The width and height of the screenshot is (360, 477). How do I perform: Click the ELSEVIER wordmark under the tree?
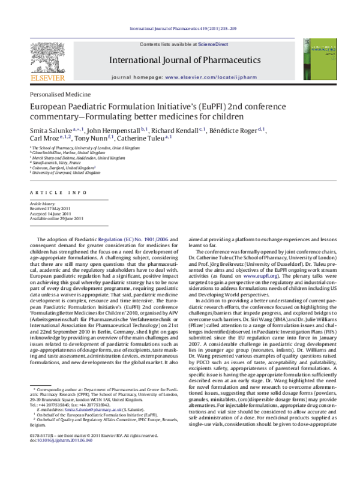[x=45, y=77]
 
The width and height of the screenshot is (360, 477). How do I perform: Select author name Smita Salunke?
[x=51, y=130]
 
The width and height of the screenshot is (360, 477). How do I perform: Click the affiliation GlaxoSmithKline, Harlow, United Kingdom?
[x=65, y=153]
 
